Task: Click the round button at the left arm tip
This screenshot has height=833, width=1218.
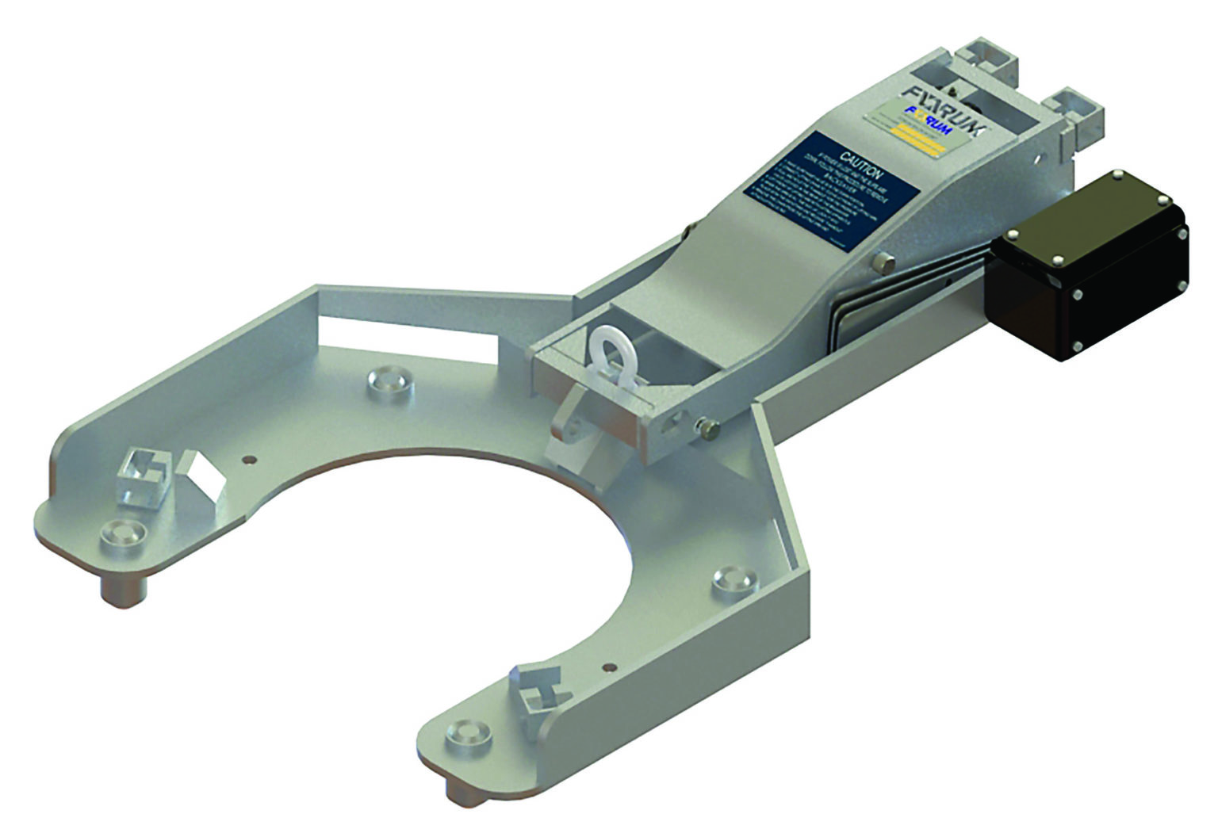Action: pyautogui.click(x=124, y=533)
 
